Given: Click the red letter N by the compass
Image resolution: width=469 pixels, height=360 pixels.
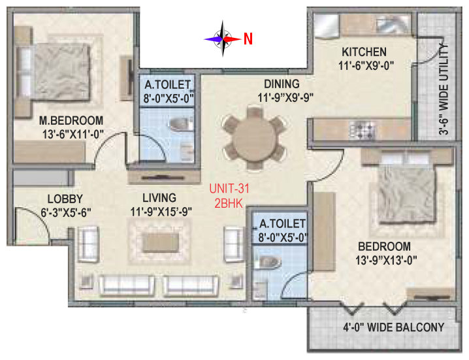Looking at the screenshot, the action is [248, 39].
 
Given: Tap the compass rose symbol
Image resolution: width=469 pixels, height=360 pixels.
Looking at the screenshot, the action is [223, 39].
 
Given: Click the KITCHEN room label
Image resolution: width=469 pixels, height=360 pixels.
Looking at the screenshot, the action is [364, 52].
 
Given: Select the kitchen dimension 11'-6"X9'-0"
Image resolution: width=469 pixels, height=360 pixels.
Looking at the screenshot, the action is [366, 65].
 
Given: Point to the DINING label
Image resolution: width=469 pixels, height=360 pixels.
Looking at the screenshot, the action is [282, 84].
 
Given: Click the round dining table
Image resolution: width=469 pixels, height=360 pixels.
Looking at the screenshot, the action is [254, 139].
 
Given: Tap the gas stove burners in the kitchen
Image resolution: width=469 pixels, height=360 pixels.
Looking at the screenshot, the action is [363, 130].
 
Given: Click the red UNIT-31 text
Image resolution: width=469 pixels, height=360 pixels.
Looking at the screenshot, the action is [229, 189].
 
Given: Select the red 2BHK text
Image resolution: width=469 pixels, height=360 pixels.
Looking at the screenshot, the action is [229, 203].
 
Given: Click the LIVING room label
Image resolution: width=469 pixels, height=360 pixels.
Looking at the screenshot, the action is [159, 198].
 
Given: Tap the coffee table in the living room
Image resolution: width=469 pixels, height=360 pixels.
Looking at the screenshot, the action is [161, 242].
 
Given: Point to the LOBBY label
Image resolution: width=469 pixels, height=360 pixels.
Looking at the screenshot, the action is [65, 199].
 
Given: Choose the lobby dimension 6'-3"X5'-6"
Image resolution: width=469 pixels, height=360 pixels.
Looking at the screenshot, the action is [66, 213].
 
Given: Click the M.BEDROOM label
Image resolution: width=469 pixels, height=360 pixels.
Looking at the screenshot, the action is [71, 121].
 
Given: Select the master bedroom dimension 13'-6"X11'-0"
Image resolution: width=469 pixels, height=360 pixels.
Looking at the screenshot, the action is [73, 135].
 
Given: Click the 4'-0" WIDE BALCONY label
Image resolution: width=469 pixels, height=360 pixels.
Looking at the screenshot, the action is [394, 327].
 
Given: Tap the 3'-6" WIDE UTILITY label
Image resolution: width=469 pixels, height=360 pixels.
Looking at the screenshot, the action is [444, 90].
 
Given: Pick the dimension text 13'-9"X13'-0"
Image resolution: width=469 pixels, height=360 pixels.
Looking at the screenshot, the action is [386, 260].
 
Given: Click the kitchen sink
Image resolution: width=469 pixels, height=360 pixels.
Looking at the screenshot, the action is [393, 24].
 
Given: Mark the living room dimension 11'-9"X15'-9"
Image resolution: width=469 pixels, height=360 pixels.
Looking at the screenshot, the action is [161, 212].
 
